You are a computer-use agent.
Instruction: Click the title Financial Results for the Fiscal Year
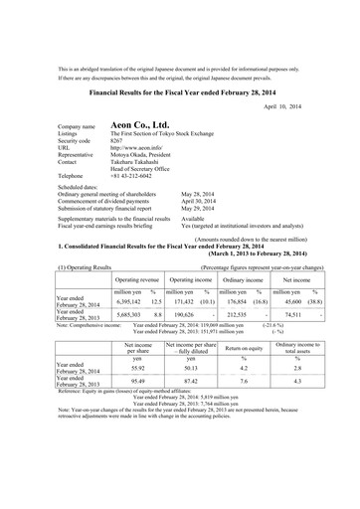coord(180,87)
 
